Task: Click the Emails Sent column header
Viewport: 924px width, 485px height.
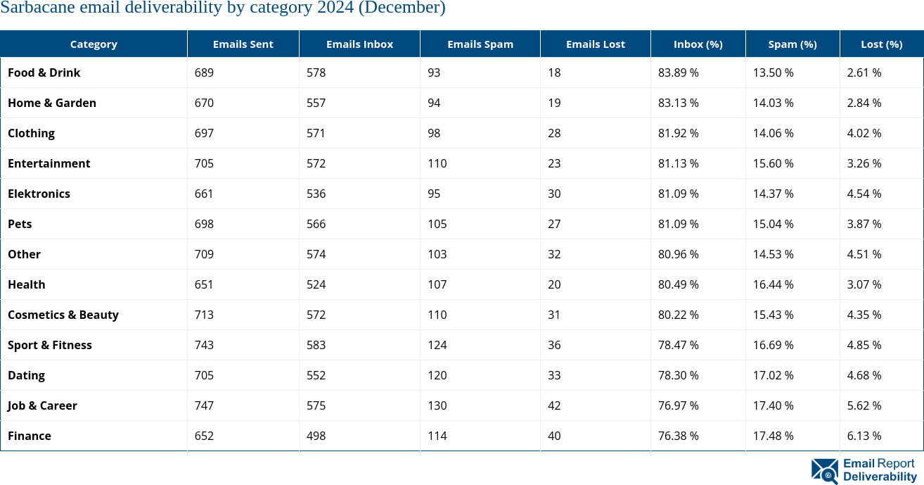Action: click(243, 44)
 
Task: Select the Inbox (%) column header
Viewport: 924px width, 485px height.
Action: click(698, 44)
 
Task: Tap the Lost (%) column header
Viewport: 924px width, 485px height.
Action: click(881, 44)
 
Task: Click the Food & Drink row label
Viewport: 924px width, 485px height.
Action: click(44, 73)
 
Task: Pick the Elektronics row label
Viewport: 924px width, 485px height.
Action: click(39, 194)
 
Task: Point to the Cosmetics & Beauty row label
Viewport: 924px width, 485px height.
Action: click(63, 315)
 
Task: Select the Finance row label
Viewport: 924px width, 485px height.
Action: click(30, 436)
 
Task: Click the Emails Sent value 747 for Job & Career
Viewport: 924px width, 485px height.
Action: click(204, 405)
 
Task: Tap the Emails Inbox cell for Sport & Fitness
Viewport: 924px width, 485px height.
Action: click(316, 345)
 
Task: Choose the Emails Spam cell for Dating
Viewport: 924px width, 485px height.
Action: click(437, 375)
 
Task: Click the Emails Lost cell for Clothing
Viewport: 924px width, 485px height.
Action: click(554, 133)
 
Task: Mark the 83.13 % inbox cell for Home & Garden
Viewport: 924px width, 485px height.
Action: click(679, 103)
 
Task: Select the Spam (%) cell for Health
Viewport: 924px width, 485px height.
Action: click(774, 284)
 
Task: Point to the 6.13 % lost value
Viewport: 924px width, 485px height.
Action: click(864, 436)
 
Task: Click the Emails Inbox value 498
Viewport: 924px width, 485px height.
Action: click(316, 436)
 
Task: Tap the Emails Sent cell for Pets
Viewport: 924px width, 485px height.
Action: click(204, 224)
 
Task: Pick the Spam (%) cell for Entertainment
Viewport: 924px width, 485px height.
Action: click(774, 163)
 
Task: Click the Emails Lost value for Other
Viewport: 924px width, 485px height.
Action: click(554, 254)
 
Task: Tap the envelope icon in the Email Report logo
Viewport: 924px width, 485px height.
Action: click(825, 471)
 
